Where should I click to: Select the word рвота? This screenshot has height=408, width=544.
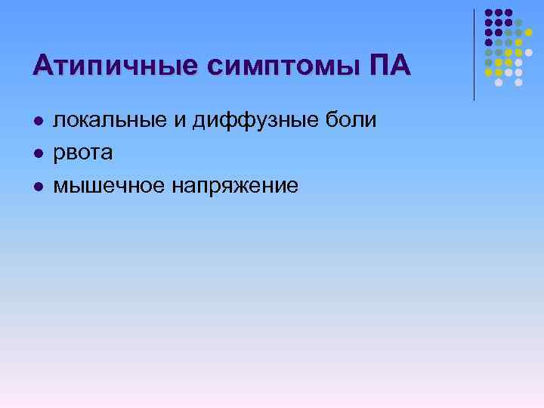coord(82,153)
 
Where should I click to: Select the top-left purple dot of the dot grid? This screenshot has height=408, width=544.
coord(488,14)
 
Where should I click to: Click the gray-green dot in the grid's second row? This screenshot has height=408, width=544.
coord(519,23)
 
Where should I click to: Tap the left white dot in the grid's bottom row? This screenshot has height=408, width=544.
coord(498,82)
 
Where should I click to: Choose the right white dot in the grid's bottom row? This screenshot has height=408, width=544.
coord(519,82)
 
